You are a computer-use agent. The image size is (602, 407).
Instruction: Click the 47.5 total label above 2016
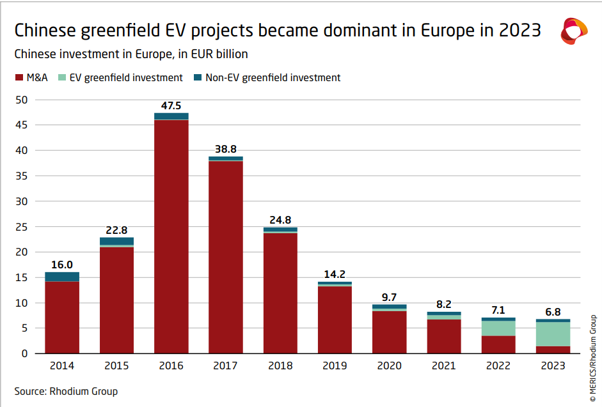tap(171, 106)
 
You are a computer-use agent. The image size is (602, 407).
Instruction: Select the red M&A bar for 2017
tap(226, 256)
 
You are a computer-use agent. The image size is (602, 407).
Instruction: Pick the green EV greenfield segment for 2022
tap(498, 328)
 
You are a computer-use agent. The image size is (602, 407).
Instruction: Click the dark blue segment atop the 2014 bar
tap(62, 277)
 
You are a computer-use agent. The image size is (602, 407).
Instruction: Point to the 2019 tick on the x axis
tap(335, 365)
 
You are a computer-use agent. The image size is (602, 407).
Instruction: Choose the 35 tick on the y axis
tap(22, 176)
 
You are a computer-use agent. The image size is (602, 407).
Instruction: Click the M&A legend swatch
tap(19, 78)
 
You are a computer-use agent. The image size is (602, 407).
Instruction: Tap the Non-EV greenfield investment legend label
tap(273, 78)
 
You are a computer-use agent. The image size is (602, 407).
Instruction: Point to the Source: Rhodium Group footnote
tap(66, 391)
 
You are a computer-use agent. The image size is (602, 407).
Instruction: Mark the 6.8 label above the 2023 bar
tap(553, 312)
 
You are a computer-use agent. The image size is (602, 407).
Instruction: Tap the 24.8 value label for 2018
tap(280, 220)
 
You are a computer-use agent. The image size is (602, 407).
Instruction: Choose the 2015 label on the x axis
tap(116, 365)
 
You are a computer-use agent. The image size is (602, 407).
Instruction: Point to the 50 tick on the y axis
tap(22, 100)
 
